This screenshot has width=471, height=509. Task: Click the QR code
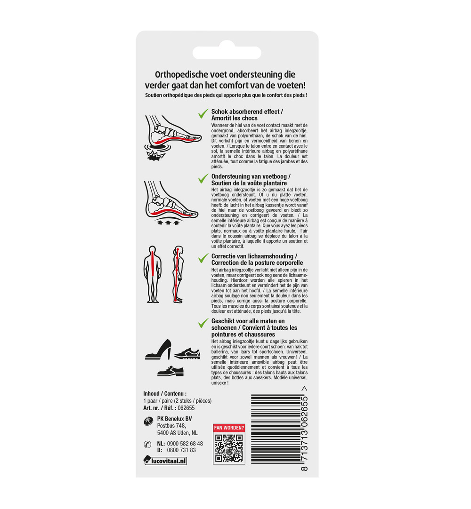coord(229,448)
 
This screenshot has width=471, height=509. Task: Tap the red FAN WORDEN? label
coord(229,428)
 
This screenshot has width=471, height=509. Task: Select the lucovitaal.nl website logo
coord(165,461)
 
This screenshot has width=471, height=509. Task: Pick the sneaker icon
coord(187,353)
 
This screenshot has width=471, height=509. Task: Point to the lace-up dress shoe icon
coord(171,370)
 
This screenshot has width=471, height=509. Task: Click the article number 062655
coord(186,408)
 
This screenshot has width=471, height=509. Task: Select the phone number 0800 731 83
coord(181,450)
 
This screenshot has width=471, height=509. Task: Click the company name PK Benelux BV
coord(175,419)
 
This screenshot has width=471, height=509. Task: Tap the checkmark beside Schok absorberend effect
coord(203,114)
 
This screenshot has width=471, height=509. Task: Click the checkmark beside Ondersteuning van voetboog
coord(203,179)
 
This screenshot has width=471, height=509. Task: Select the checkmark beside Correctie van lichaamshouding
coord(203,258)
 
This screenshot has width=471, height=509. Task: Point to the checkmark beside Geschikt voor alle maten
coord(203,323)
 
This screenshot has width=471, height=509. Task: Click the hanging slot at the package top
coord(227,52)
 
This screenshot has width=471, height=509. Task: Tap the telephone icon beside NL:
coord(147,444)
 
